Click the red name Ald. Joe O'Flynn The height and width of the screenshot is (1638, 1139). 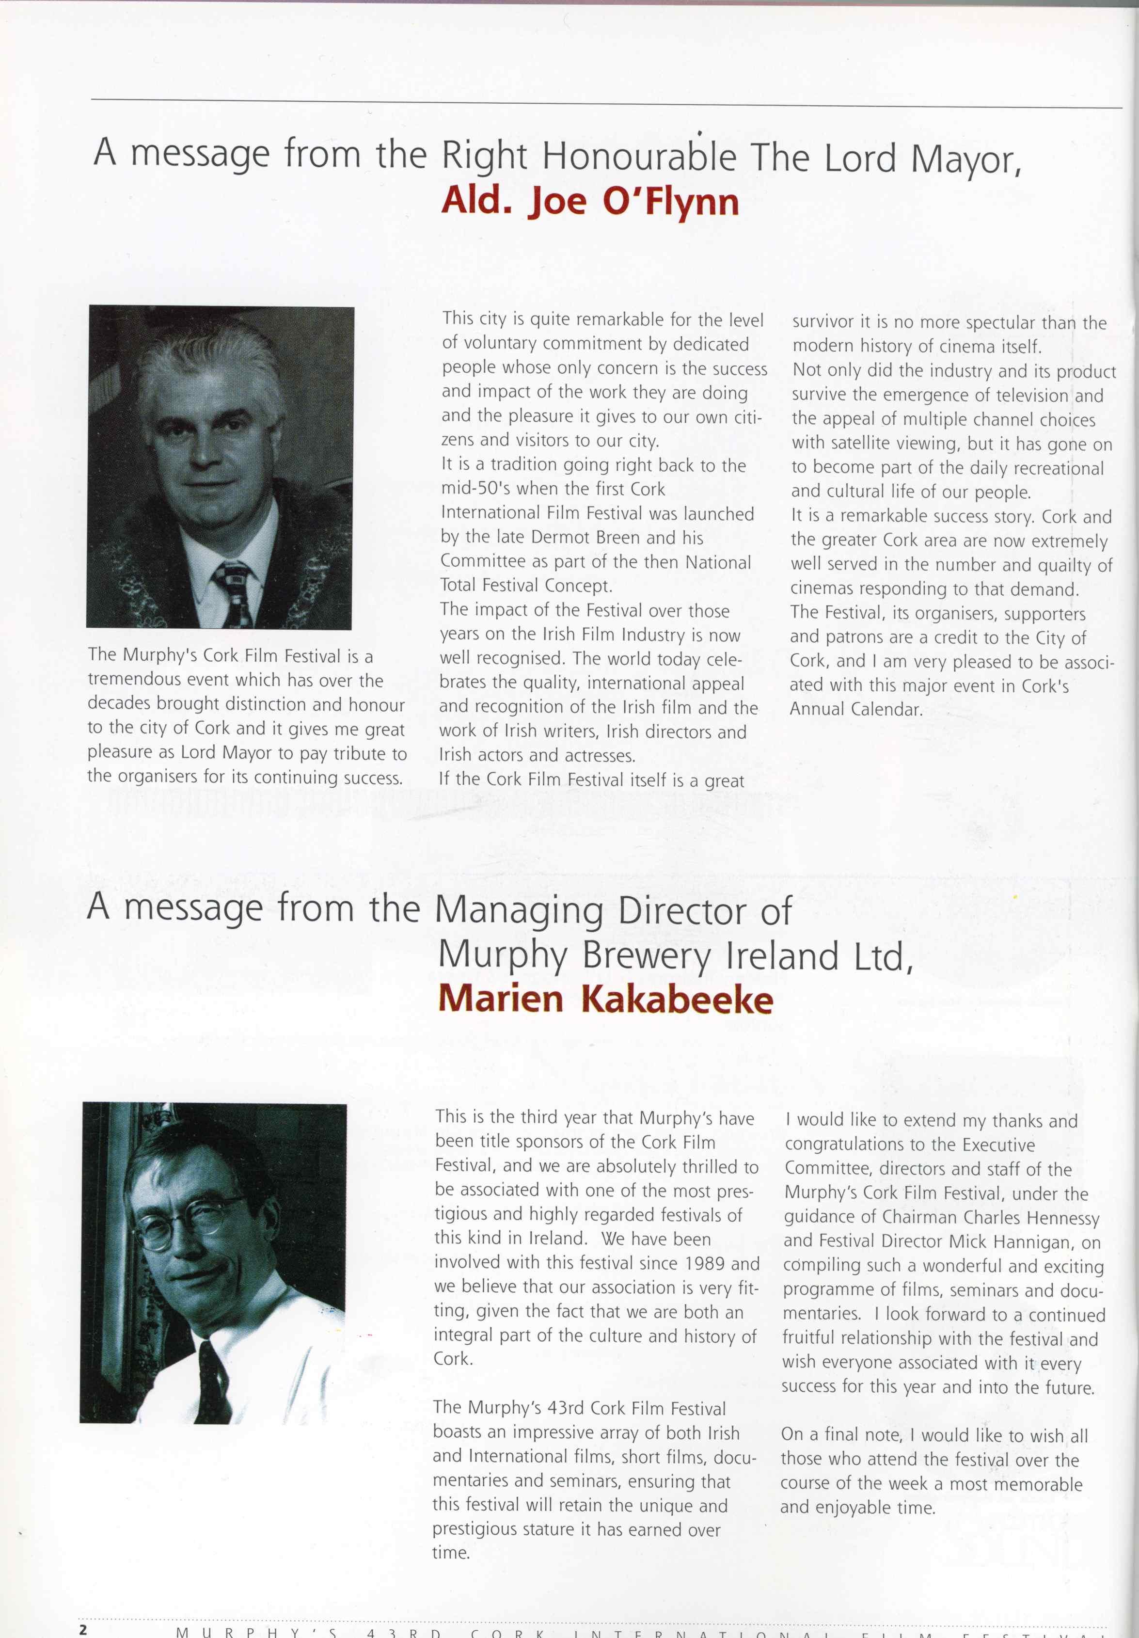(x=590, y=203)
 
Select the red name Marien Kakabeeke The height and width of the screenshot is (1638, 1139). (x=605, y=1000)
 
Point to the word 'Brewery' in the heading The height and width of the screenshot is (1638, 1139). (x=646, y=956)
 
